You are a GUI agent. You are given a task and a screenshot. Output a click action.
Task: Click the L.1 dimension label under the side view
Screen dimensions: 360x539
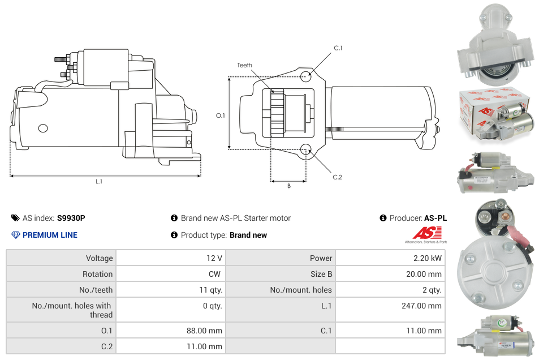tap(99, 182)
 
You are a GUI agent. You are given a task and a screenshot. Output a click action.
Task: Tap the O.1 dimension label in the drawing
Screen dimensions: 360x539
tap(221, 115)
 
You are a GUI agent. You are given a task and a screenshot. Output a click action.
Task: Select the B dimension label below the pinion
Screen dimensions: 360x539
tap(288, 186)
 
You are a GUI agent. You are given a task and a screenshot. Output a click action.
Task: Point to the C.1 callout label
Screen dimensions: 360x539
tap(338, 48)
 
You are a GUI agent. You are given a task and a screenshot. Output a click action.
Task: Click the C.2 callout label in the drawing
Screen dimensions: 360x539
tap(337, 177)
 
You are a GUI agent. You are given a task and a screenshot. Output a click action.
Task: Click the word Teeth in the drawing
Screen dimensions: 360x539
tap(244, 65)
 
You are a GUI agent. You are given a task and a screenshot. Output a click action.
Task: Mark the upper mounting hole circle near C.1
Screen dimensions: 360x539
tap(306, 76)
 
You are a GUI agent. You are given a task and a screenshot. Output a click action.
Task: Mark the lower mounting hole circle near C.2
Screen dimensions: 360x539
tap(306, 149)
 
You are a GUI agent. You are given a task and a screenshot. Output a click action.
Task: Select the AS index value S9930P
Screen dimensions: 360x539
tap(71, 218)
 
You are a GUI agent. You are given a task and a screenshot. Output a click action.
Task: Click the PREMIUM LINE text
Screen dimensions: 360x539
tap(50, 235)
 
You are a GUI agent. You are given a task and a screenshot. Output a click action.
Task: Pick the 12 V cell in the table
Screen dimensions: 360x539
tap(214, 258)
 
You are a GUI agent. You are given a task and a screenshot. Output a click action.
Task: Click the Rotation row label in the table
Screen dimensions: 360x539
tap(97, 274)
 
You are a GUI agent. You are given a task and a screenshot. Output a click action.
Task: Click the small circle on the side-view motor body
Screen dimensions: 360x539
tap(43, 128)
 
